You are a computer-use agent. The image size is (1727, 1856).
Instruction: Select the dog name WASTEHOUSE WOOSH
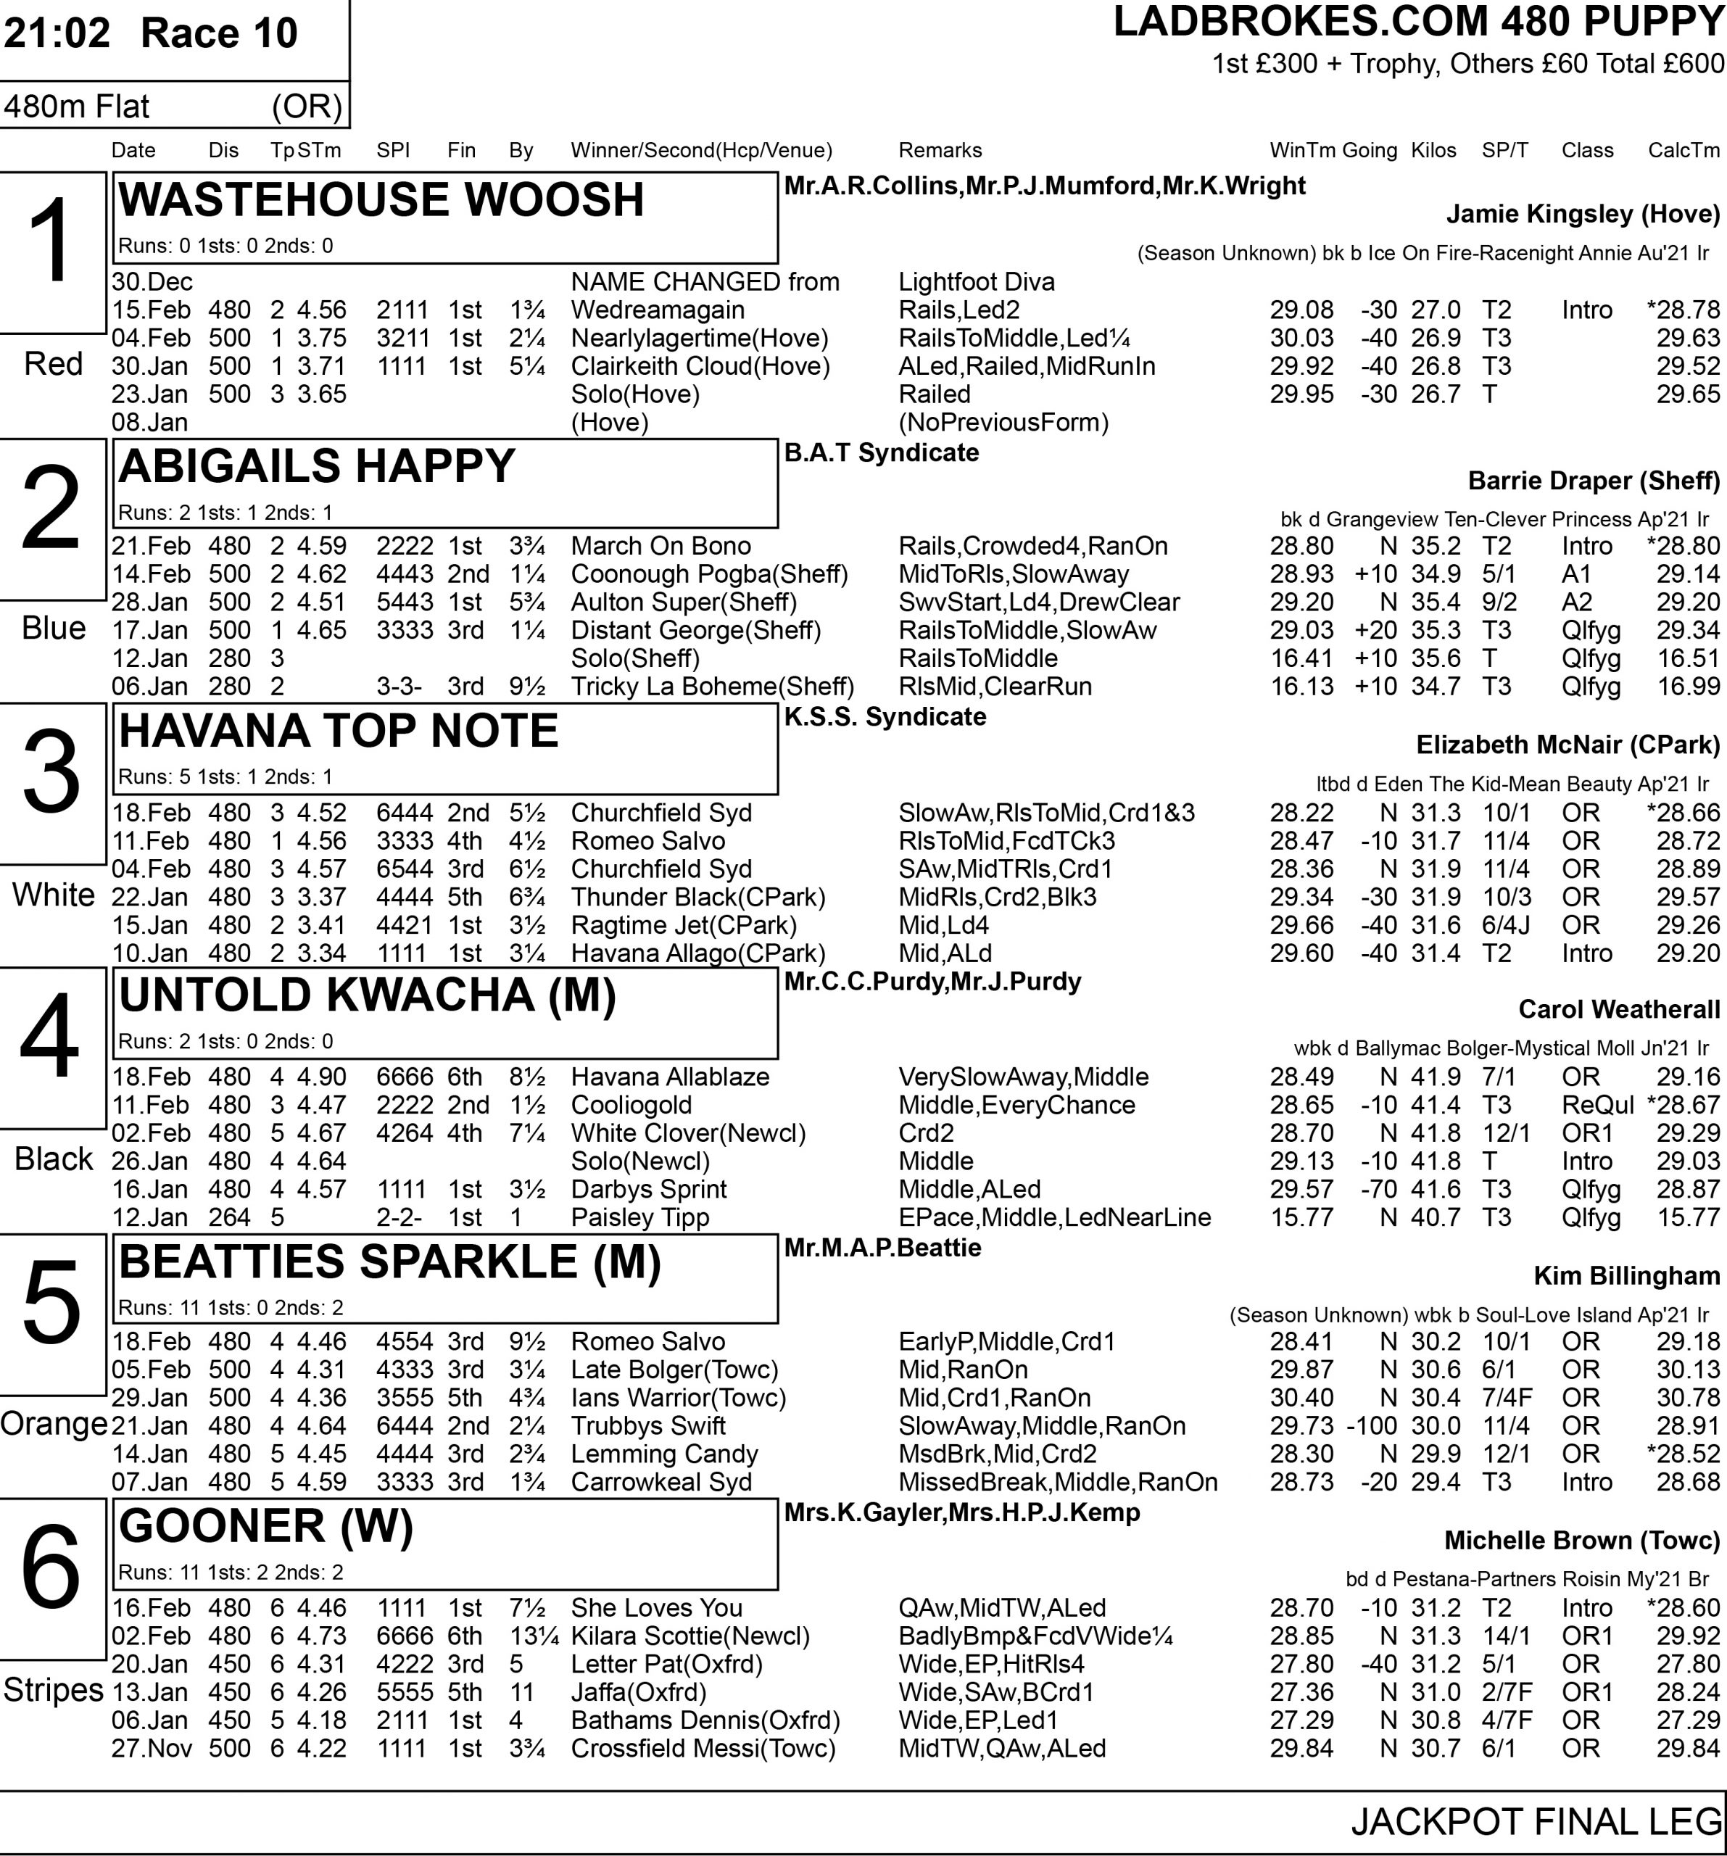coord(381,200)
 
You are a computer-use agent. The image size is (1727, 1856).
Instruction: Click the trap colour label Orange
coord(53,1424)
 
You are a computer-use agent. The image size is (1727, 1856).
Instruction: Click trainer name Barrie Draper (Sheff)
coord(1594,481)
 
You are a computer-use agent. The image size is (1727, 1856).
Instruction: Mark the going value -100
coord(1371,1425)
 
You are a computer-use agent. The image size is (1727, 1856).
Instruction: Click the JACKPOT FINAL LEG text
coord(1536,1821)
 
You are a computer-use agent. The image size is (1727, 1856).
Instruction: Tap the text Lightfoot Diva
coord(976,282)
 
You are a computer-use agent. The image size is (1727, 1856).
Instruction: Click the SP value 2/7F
coord(1505,1691)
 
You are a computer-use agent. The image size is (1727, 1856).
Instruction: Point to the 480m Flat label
coord(77,107)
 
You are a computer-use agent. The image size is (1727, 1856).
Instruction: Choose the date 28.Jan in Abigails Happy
coord(150,602)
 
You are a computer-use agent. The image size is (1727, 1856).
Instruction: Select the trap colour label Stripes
coord(53,1690)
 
